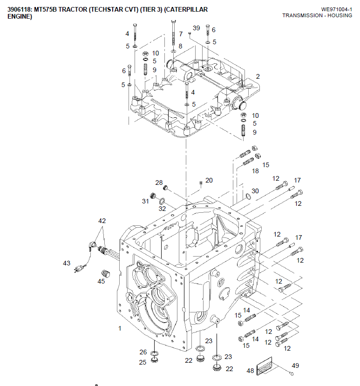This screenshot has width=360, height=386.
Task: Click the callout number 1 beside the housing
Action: coord(120,328)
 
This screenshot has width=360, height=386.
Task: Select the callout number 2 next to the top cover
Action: coord(258,76)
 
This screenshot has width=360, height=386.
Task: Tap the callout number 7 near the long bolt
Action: coord(181,34)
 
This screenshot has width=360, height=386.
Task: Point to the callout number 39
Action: coord(196,28)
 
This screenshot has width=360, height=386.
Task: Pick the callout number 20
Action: coord(209,180)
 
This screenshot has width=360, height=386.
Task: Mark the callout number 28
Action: coord(159,183)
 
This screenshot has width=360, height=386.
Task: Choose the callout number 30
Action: coord(255,191)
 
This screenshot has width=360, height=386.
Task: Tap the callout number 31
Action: coord(145,201)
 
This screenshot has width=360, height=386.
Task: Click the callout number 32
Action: coord(162,209)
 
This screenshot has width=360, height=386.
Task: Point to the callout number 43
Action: coord(67,263)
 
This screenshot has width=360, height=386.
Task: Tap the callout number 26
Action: coord(143,352)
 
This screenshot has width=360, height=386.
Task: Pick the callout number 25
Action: coord(143,362)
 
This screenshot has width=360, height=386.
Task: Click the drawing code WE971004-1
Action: coord(336,9)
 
